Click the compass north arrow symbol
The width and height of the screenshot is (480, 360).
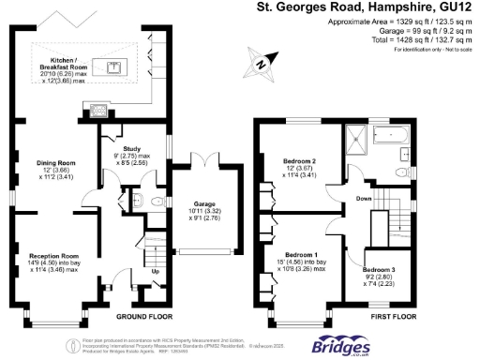[262, 66]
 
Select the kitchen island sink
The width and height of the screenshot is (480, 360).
[114, 67]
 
